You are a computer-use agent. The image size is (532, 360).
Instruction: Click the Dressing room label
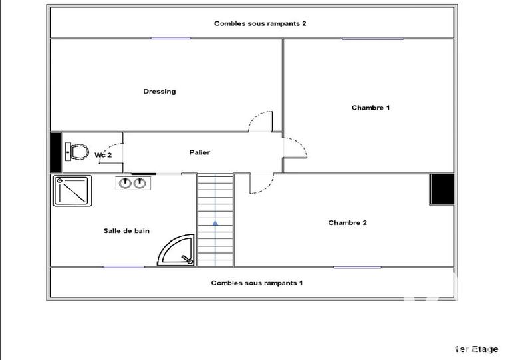(160, 92)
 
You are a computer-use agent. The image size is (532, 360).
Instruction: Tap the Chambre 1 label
(370, 108)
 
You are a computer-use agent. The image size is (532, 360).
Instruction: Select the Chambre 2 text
(347, 223)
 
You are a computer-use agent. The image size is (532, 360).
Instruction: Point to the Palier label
(199, 152)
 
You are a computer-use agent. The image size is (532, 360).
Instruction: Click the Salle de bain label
(126, 231)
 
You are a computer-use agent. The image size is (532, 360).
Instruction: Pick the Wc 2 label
(103, 155)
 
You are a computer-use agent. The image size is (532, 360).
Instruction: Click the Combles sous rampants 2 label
(260, 23)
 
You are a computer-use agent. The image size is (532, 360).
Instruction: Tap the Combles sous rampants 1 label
(257, 283)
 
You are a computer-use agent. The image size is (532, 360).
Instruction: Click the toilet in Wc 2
(77, 152)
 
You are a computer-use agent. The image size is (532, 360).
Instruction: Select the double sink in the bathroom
(132, 182)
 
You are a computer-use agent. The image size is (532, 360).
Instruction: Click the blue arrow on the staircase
(215, 224)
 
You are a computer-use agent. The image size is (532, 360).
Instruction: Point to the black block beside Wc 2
(56, 152)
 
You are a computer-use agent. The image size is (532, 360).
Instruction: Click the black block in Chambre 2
(441, 190)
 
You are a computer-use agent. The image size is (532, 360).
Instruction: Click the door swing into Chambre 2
(261, 184)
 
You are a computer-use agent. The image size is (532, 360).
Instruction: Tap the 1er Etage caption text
(476, 349)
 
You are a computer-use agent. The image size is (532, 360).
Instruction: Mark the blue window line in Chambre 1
(372, 39)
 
